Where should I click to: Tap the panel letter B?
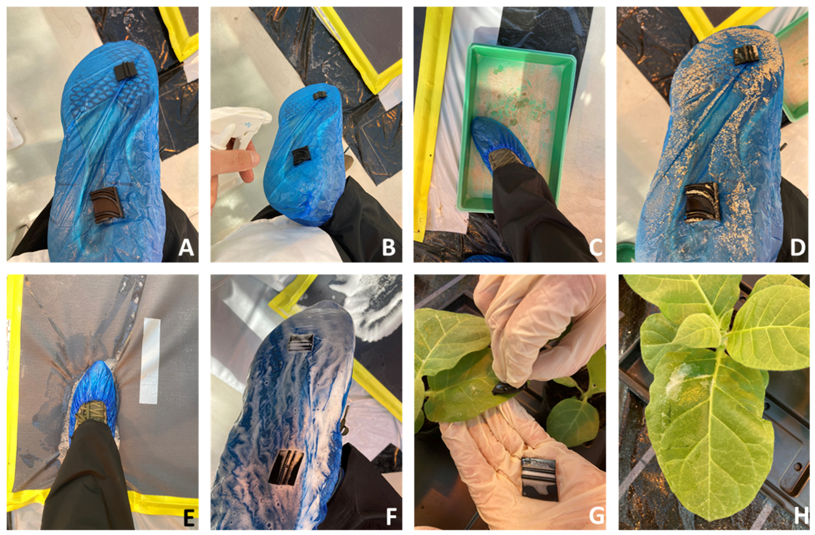point(389,247)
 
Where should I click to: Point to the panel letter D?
point(798,247)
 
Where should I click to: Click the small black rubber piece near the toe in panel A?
point(126,71)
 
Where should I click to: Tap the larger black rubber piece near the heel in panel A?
point(106,205)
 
